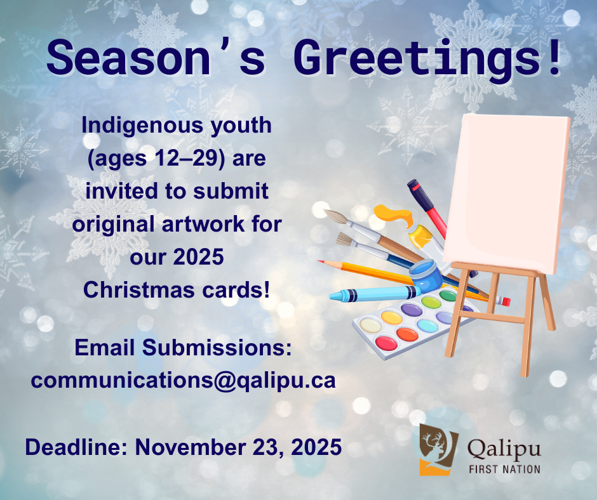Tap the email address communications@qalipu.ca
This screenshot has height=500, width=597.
[x=183, y=381]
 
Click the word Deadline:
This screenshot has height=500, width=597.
[x=76, y=447]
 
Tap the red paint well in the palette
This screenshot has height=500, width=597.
[x=386, y=343]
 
